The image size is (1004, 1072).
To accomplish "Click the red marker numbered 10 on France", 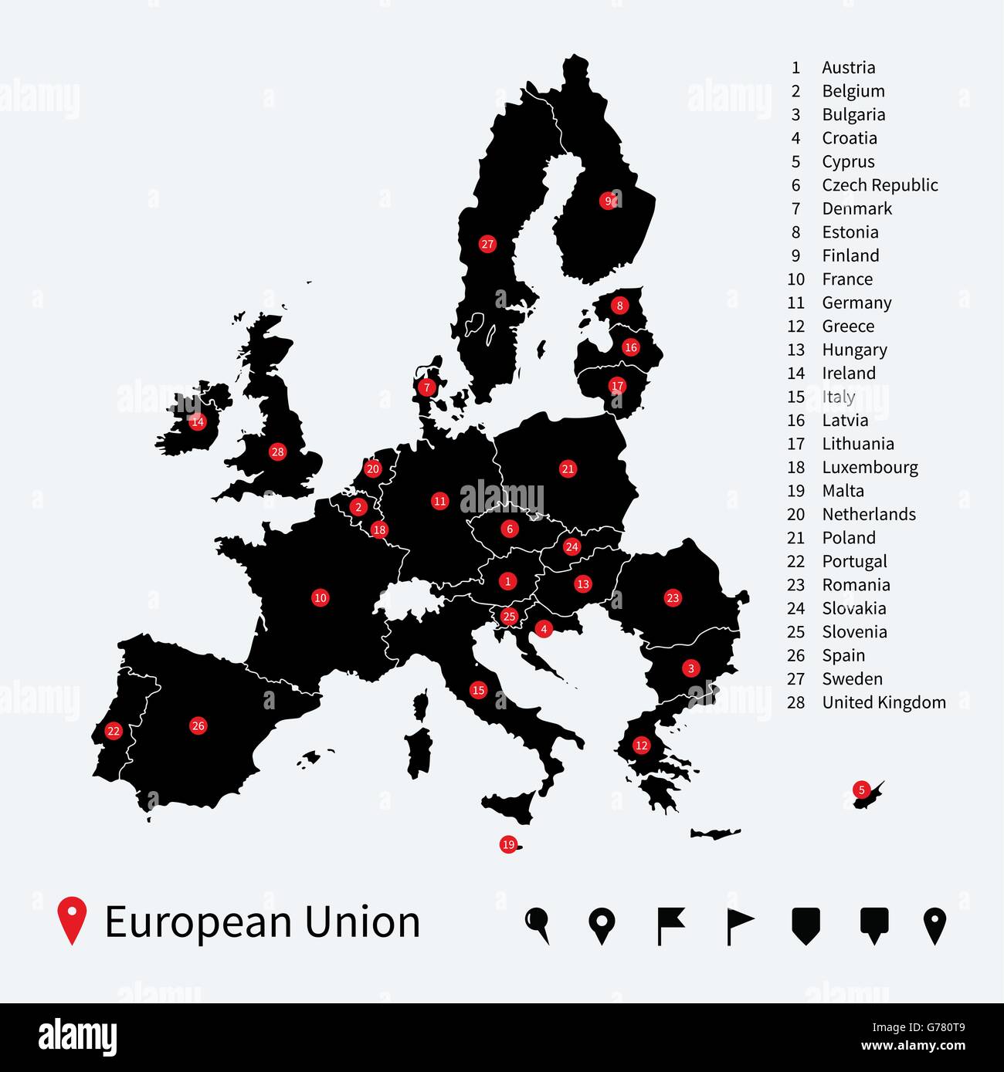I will (x=320, y=597).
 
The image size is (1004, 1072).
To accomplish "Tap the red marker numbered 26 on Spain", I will (x=198, y=725).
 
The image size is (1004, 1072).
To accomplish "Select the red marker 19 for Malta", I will (x=508, y=844).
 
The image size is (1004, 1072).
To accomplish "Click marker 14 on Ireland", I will (x=198, y=421).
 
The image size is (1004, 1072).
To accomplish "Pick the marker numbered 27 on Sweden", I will (x=487, y=245).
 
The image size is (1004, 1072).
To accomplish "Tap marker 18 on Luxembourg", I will (x=378, y=529).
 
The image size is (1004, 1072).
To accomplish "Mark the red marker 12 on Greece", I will (x=641, y=746).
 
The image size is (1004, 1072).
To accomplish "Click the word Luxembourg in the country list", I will (x=870, y=468).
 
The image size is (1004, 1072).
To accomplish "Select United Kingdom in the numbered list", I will (x=884, y=703).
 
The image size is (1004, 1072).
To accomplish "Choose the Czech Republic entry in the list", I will (x=880, y=185).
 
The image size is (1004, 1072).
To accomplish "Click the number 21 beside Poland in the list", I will (x=795, y=538).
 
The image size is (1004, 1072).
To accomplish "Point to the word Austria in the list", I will (x=848, y=68).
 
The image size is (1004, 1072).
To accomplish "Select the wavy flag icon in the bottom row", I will (x=670, y=925).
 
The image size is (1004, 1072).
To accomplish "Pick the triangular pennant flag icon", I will (x=739, y=925).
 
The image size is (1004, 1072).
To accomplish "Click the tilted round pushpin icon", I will (x=538, y=924).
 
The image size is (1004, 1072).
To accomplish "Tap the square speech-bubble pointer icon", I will (x=873, y=925).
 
